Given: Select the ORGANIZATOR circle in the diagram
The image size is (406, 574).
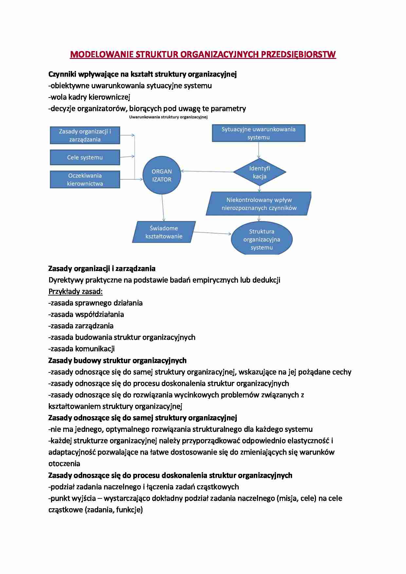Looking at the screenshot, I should coord(162,175).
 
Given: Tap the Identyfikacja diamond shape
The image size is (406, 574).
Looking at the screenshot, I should coord(259,172).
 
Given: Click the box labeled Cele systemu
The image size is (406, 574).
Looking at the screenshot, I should coord(85,157).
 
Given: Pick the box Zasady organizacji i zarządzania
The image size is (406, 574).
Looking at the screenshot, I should coord(85,135).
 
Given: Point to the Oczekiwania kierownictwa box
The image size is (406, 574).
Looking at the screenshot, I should coord(85,180).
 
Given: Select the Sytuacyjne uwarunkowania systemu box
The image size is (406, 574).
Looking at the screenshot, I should coord(258,133).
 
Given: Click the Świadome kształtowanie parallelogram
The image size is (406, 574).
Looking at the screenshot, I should coord(164,232).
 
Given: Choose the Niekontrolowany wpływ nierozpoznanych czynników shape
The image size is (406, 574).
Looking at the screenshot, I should coord(259,204).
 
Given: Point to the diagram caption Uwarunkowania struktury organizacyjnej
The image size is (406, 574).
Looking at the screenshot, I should coord(168,117).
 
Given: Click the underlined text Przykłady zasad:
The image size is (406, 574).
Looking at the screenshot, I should coord(76,291).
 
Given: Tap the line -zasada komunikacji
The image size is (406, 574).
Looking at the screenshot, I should coord(82,349).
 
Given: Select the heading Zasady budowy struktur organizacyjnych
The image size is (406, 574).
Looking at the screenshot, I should coord(117,360).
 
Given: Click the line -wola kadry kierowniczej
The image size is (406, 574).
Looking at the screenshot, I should coord(89,97).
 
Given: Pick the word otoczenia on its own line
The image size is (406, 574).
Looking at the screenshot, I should coord(64,463).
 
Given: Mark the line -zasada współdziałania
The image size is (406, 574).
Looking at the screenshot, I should coord(86,314).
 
